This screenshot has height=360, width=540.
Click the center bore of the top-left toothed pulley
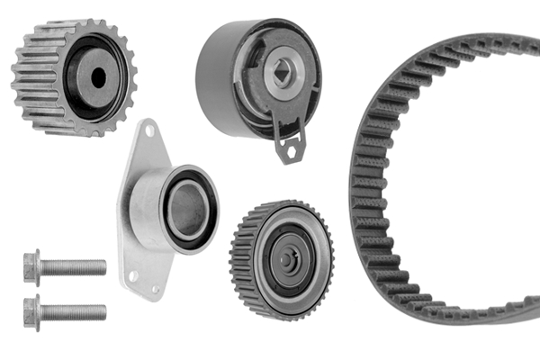coord(97,77)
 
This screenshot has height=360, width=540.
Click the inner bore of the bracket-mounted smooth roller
coord(186,210)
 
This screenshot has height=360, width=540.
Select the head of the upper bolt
coord(32,266)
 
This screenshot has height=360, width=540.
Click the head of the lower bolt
coord(32,310)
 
